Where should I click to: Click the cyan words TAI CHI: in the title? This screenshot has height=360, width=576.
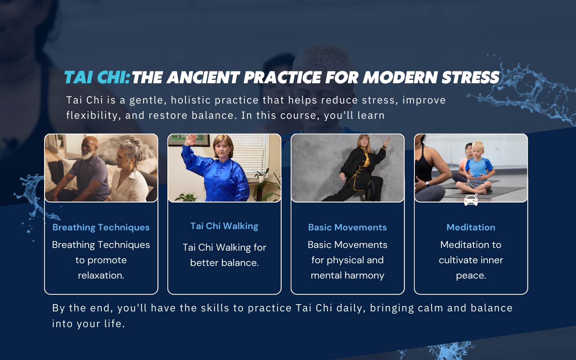click(x=97, y=77)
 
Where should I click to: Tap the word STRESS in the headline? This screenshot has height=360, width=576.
click(x=471, y=77)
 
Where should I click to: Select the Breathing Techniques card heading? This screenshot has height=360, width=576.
click(x=101, y=227)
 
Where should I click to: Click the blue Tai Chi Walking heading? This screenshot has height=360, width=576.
click(x=224, y=226)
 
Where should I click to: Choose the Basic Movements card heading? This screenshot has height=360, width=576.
click(x=347, y=227)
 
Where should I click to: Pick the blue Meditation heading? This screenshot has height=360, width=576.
click(x=471, y=227)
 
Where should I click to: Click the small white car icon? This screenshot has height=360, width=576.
click(x=471, y=200)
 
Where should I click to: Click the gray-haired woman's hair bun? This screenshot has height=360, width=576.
click(x=135, y=141)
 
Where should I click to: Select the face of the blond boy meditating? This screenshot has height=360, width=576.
click(x=477, y=152)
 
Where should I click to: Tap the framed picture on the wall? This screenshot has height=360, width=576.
click(x=189, y=139)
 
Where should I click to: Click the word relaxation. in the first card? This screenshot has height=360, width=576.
click(x=101, y=275)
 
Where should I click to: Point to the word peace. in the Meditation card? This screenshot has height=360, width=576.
click(x=471, y=276)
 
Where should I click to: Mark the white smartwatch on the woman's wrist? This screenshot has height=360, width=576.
click(x=427, y=184)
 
